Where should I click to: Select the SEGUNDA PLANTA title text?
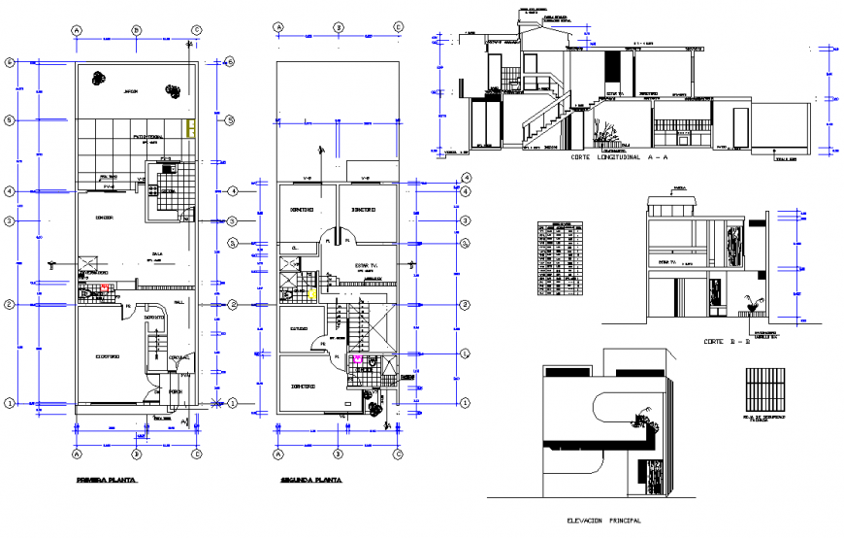310,480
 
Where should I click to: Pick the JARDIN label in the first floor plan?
131,91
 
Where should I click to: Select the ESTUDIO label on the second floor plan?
299,328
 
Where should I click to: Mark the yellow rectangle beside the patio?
192,128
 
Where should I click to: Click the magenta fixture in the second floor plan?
357,358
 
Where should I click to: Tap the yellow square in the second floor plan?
311,291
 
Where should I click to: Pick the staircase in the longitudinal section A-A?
543,121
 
